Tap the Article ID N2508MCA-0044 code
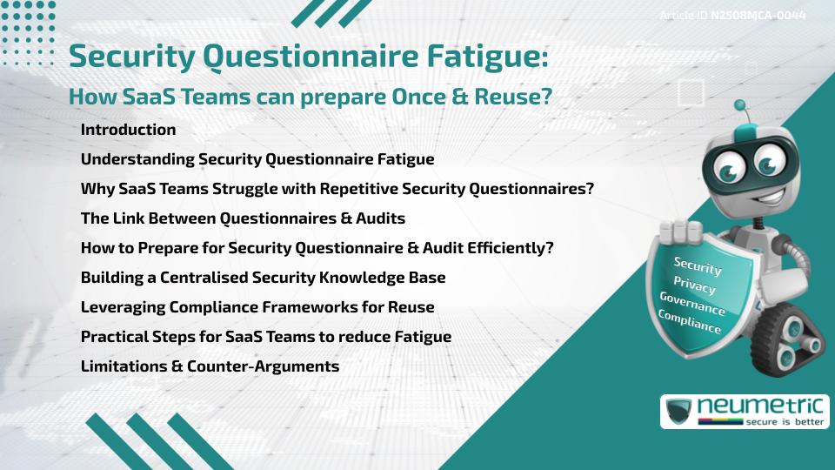tap(758, 16)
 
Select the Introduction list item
tap(128, 130)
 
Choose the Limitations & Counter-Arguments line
tap(210, 366)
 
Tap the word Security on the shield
tap(698, 265)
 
